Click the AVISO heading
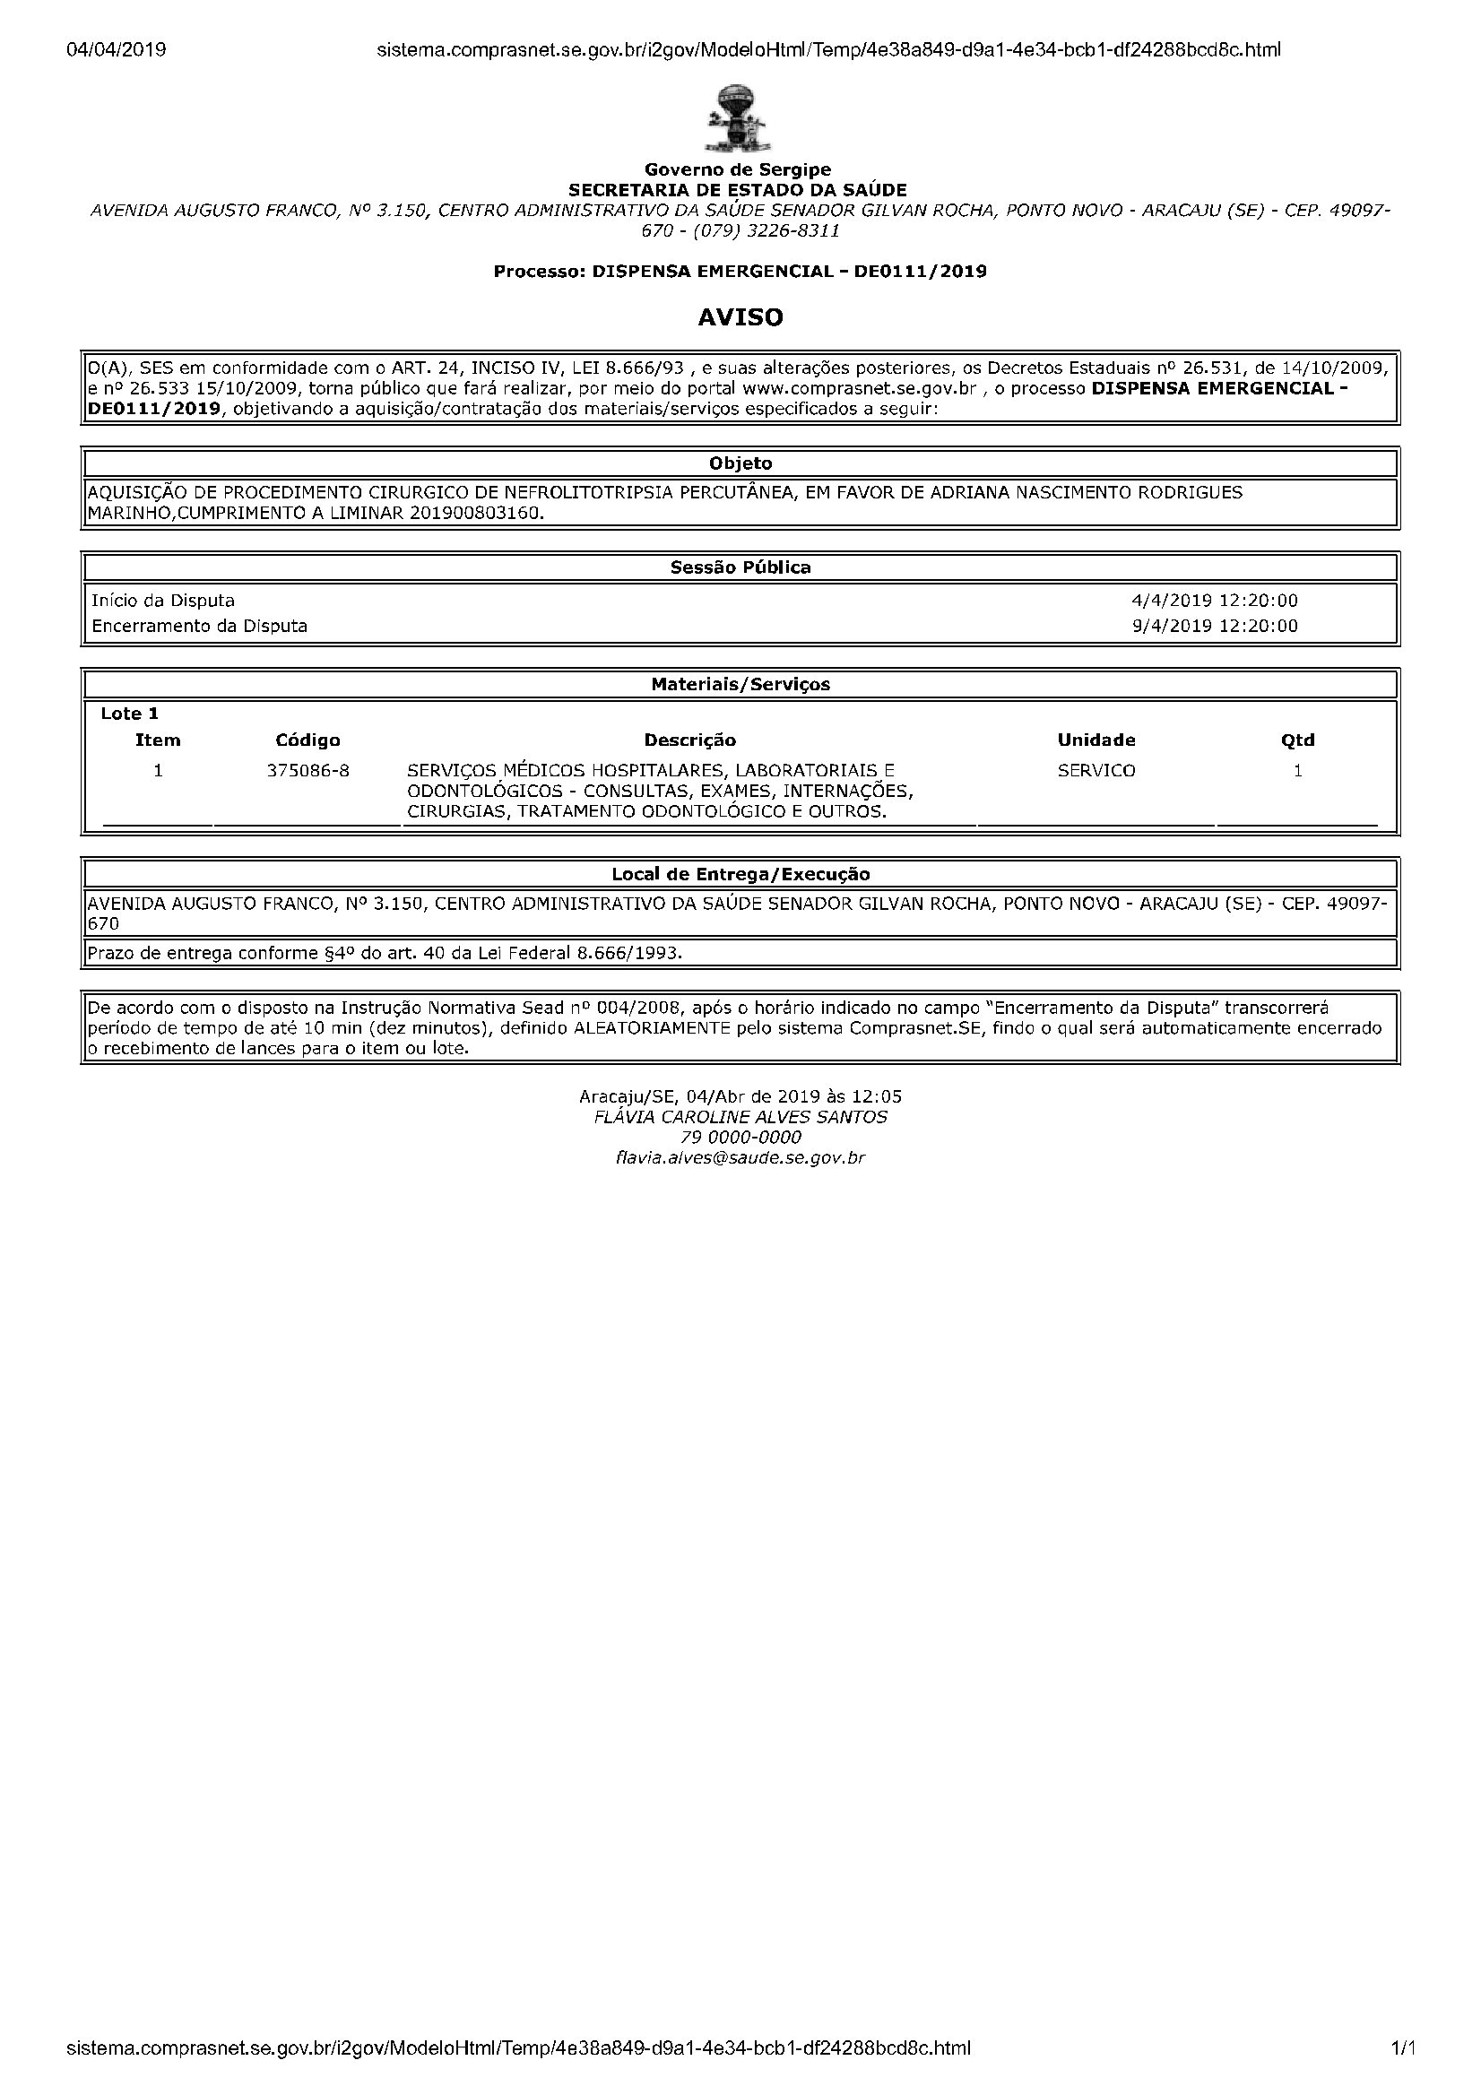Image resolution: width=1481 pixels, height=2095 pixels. [x=740, y=317]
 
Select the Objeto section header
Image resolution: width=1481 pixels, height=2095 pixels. [x=740, y=463]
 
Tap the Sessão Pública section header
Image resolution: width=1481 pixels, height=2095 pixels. [x=740, y=567]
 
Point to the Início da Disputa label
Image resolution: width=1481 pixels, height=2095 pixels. [x=163, y=601]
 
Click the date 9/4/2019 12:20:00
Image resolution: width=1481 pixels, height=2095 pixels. [x=1215, y=626]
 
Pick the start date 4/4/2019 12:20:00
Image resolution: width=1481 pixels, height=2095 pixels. [x=1215, y=601]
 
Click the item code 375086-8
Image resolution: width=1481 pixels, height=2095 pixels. [x=307, y=771]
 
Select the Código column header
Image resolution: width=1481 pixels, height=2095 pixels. [x=307, y=740]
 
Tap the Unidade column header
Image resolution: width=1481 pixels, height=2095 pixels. [x=1096, y=740]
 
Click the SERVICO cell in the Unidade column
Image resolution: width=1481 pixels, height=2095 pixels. [x=1096, y=771]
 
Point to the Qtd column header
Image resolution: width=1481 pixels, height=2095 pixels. [x=1297, y=740]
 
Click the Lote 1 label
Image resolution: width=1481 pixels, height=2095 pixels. [x=130, y=714]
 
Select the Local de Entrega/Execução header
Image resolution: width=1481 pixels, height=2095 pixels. [x=740, y=874]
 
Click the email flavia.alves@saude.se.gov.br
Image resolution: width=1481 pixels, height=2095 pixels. [x=740, y=1158]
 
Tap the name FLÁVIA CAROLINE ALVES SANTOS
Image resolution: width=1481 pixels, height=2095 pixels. [x=740, y=1117]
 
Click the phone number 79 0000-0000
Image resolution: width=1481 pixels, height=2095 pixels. [x=740, y=1138]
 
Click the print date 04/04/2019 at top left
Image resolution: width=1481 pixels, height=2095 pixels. [x=116, y=50]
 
